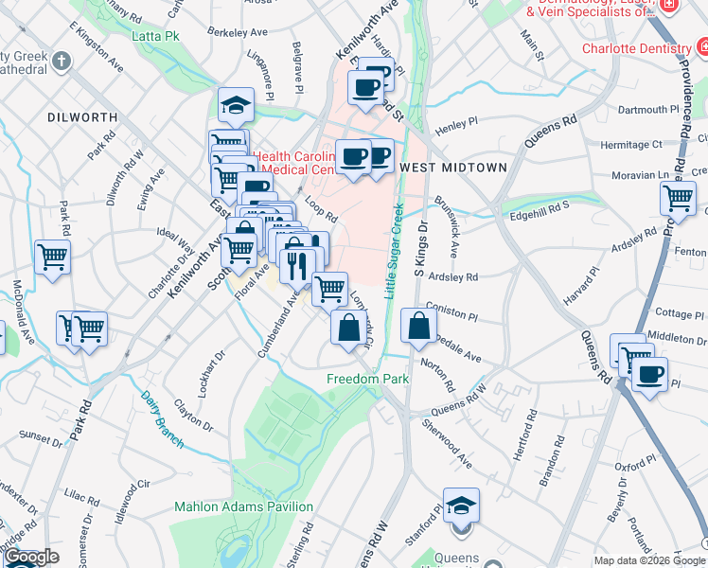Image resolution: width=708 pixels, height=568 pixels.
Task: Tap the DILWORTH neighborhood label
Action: coord(83,117)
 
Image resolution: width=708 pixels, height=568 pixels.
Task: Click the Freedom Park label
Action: coord(367,380)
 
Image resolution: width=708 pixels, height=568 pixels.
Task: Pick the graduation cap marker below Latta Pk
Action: coord(236,104)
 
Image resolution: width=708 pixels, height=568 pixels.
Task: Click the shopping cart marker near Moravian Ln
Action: coord(678,198)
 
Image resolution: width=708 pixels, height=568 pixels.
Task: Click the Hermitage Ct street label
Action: coord(631,145)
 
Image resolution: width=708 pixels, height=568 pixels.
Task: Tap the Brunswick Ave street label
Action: coord(448,227)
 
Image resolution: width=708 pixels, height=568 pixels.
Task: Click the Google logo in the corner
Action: coord(31,558)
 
